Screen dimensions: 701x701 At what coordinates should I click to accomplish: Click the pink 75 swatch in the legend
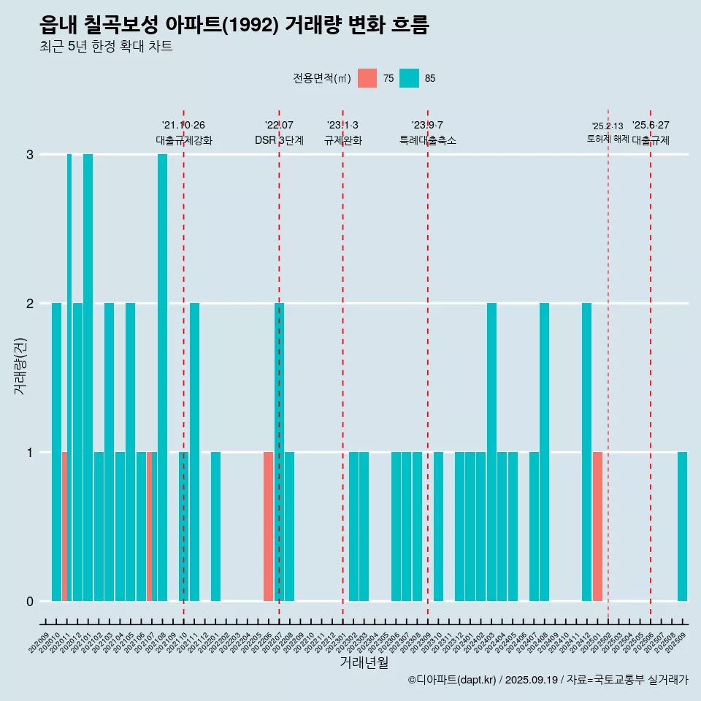click(x=367, y=78)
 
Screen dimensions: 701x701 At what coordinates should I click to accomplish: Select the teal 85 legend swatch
click(x=409, y=78)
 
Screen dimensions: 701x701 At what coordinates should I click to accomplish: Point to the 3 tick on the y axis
click(x=30, y=155)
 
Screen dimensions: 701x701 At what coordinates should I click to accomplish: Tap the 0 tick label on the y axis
click(x=30, y=601)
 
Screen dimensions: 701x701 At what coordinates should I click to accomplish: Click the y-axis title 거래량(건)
click(x=20, y=365)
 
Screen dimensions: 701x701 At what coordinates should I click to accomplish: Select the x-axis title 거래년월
click(x=364, y=662)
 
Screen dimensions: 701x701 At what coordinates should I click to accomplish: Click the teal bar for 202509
click(x=682, y=526)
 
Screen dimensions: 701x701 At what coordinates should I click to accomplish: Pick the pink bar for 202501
click(x=597, y=526)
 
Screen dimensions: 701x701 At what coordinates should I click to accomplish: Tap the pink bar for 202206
click(x=268, y=526)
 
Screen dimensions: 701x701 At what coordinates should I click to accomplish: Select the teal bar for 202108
click(x=162, y=378)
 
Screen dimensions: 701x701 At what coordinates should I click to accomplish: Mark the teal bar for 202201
click(x=215, y=526)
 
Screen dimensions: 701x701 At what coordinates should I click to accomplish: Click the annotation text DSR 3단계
click(x=279, y=140)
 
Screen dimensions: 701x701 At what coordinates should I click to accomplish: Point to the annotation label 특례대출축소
click(x=428, y=140)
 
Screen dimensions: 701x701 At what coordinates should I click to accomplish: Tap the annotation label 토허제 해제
click(x=608, y=138)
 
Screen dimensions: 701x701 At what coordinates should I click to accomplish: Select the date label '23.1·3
click(x=342, y=126)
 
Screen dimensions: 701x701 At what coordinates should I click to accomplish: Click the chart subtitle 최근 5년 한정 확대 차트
click(x=106, y=47)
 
